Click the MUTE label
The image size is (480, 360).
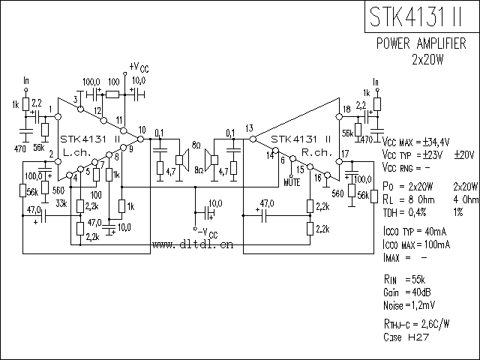tap(293, 181)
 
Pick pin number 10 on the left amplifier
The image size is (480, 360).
tap(142, 130)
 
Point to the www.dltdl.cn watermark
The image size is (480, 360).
tap(193, 244)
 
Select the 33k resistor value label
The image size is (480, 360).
tap(62, 202)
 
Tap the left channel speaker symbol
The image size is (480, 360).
tap(181, 158)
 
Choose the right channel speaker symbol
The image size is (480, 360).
tap(211, 158)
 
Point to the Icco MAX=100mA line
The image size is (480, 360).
tap(415, 244)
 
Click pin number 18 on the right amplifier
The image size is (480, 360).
tap(346, 110)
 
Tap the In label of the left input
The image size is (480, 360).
tap(27, 79)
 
